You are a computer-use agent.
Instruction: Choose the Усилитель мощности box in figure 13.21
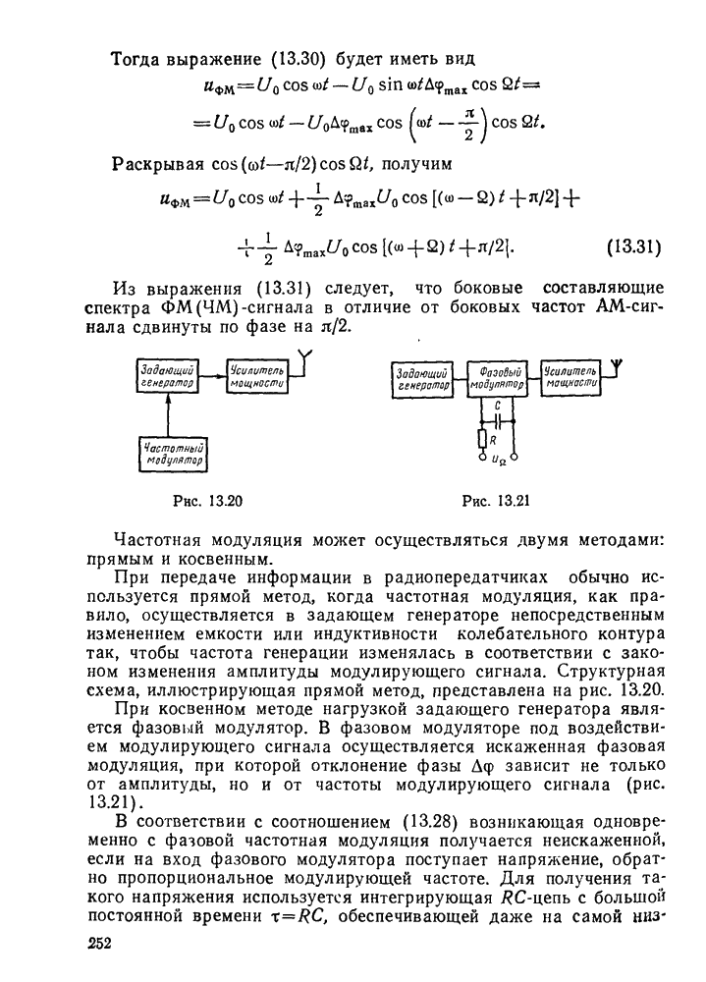[x=569, y=378]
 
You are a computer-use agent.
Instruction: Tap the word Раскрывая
[x=157, y=161]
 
